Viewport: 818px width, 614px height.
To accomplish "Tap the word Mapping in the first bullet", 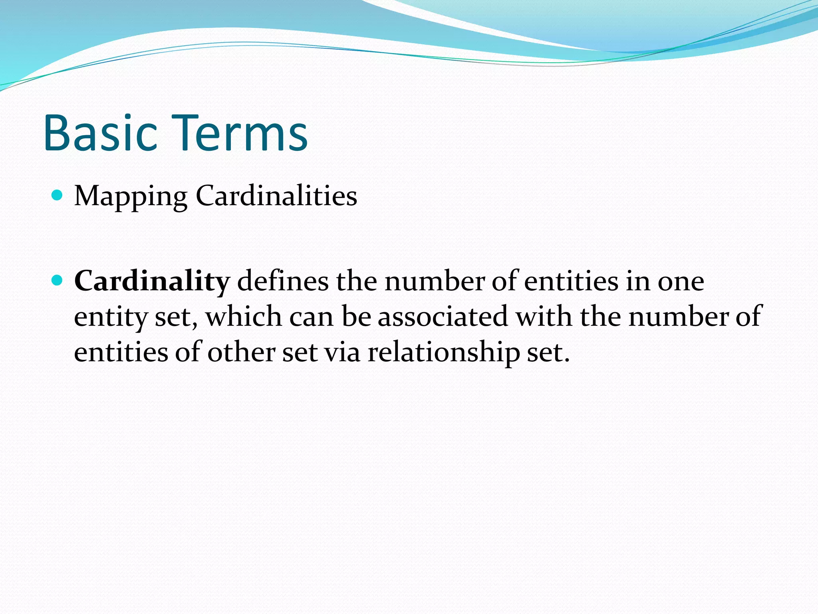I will [131, 196].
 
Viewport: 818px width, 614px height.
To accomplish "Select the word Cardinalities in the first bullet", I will [276, 196].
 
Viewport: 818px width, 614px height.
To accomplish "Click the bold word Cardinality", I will [152, 281].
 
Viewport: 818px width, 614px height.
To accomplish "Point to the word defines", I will [283, 281].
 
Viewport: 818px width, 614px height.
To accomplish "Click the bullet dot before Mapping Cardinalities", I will [58, 195].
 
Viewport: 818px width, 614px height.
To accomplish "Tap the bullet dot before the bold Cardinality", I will [58, 280].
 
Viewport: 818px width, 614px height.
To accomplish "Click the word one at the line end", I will [681, 281].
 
